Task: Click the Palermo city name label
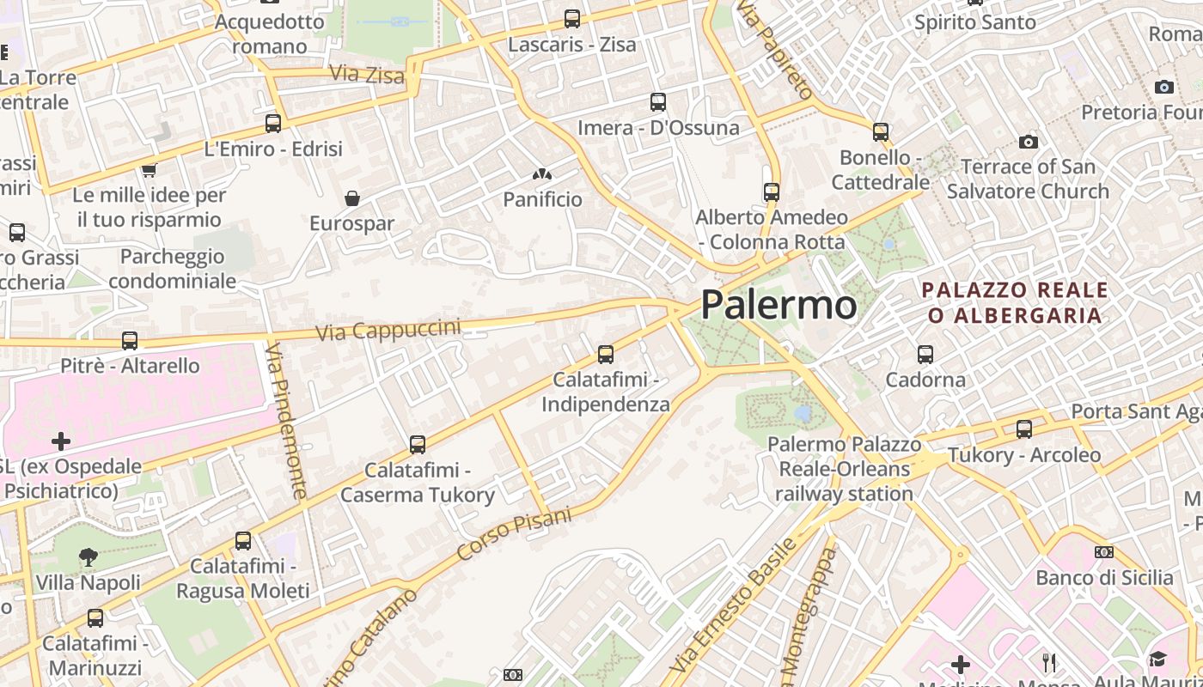click(x=779, y=305)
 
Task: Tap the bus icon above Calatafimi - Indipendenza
click(x=606, y=354)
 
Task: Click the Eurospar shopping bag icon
click(x=352, y=198)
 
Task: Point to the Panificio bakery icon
click(x=541, y=174)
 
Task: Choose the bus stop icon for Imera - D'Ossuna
click(x=658, y=102)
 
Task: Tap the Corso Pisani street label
click(x=515, y=533)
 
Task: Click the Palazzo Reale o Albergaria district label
click(x=1014, y=302)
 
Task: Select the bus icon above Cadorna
click(x=925, y=354)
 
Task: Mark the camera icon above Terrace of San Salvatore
click(x=1028, y=142)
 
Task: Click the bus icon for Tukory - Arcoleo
click(x=1024, y=429)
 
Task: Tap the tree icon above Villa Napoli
click(x=88, y=557)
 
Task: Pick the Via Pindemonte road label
click(x=286, y=421)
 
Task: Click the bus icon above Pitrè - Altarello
click(x=130, y=341)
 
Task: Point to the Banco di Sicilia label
click(x=1104, y=577)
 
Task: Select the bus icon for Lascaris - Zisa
click(x=572, y=18)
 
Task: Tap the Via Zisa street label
click(x=367, y=75)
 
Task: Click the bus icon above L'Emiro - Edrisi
click(x=273, y=123)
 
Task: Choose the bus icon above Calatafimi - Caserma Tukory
click(x=418, y=444)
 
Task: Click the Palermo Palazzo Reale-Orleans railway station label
click(x=844, y=469)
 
